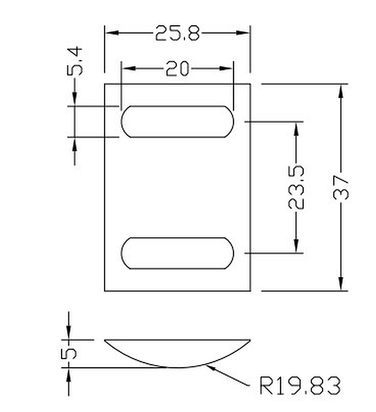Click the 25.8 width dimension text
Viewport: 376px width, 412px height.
coord(177,33)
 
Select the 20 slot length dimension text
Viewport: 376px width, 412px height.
coord(177,69)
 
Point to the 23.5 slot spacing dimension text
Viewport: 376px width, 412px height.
coord(297,187)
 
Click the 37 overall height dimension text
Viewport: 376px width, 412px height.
coord(342,187)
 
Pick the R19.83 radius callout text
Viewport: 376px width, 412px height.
coord(300,386)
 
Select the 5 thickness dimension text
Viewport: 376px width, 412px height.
coord(69,353)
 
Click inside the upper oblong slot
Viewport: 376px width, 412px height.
coord(177,122)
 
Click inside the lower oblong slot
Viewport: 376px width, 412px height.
coord(177,253)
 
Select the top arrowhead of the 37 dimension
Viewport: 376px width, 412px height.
coord(342,90)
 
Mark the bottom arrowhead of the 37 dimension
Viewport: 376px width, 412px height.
coord(342,285)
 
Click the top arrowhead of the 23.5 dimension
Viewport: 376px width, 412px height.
coord(297,128)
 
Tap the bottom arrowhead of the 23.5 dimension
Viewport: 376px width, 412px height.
coord(297,246)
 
